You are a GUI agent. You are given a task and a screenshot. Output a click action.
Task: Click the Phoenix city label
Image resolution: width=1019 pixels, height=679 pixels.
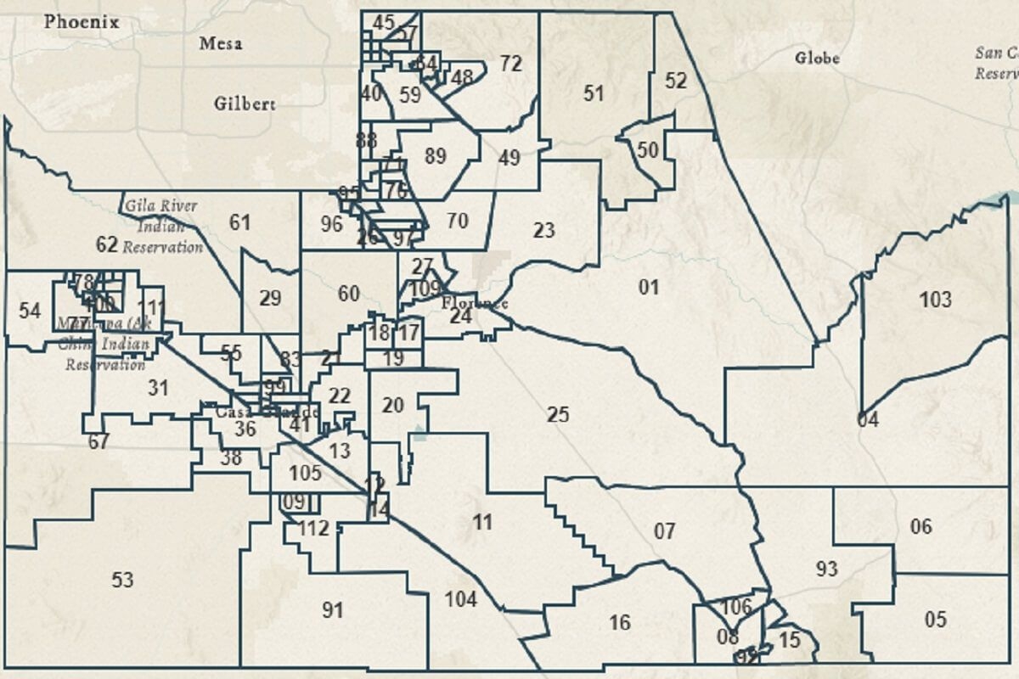[x=82, y=21]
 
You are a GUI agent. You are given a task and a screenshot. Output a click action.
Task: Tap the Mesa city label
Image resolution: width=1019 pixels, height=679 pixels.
[x=221, y=43]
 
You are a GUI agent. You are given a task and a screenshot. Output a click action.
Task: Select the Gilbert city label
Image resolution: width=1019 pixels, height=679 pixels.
[x=245, y=104]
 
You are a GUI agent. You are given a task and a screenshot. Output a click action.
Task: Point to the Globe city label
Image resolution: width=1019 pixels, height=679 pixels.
[x=817, y=58]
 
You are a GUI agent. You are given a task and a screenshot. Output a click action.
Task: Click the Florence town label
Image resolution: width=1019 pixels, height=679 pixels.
[x=475, y=303]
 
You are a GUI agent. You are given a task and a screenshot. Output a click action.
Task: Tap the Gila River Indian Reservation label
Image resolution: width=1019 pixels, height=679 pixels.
[x=162, y=226]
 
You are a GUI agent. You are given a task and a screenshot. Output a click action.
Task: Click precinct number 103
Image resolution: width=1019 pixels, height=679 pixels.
[x=935, y=299]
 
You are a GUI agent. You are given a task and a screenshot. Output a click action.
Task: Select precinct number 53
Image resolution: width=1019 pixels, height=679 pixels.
[x=122, y=580]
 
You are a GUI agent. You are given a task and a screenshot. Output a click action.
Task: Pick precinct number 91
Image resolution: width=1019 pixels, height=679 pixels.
[x=332, y=609]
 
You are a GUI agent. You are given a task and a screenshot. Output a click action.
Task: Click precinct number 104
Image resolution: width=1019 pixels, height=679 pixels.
[x=461, y=599]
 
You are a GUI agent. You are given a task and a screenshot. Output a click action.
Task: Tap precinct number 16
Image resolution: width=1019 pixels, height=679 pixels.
[x=620, y=622]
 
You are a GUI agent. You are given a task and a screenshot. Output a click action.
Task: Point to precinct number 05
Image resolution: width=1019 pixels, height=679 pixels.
[x=935, y=620]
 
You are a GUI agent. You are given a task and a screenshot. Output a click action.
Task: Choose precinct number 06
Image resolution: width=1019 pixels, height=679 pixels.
[x=921, y=526]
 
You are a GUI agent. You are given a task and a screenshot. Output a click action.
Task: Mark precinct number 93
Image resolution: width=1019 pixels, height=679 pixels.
[x=826, y=569]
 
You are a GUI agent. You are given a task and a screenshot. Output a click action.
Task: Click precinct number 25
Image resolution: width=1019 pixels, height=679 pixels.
[x=558, y=415]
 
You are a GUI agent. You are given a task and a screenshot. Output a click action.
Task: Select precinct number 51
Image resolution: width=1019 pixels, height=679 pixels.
[x=594, y=93]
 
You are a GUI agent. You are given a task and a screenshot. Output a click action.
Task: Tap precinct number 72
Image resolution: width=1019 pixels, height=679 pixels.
[x=510, y=64]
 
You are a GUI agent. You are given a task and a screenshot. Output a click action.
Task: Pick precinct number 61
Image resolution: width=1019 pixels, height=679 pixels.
[x=240, y=222]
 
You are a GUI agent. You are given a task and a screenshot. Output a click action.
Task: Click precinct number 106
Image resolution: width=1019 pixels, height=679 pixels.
[x=736, y=606]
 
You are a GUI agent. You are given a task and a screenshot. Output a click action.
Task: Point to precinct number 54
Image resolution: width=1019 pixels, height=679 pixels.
[x=30, y=311]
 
